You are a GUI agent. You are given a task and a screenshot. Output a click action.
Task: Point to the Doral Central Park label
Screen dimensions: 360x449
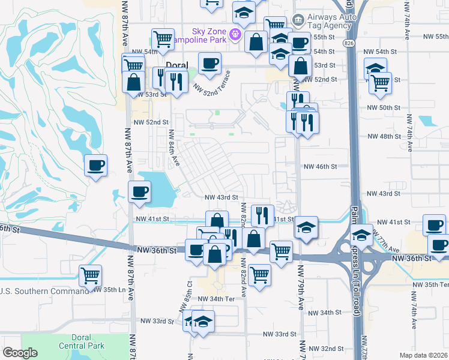pos(82,341)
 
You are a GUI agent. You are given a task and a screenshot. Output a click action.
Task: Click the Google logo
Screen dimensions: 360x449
pos(20,352)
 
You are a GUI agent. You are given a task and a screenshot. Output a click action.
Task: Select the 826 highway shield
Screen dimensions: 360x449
pos(349,43)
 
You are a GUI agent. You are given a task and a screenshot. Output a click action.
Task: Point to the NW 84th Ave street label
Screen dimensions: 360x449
pos(174,148)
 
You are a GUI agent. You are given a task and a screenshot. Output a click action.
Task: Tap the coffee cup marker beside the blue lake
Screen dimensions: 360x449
pos(140,193)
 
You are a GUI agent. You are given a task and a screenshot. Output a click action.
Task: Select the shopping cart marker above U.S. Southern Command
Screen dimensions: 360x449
pos(90,277)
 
